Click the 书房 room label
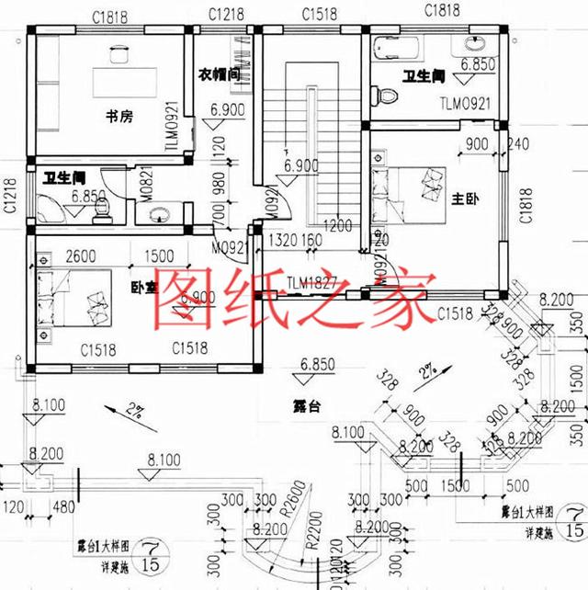[120, 117]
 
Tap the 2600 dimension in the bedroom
[82, 256]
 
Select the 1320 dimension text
[282, 241]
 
